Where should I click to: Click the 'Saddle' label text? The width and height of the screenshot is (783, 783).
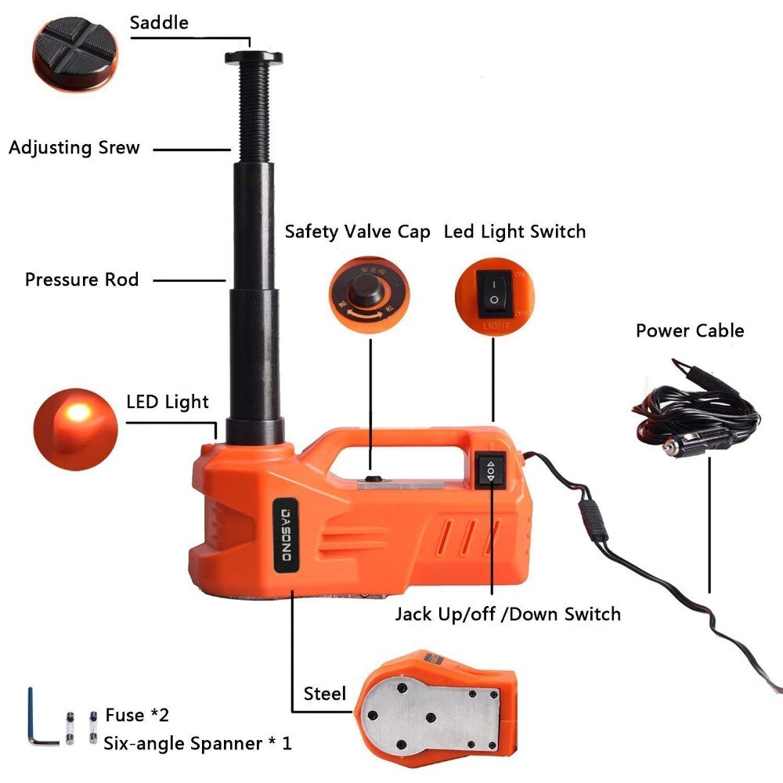(x=159, y=23)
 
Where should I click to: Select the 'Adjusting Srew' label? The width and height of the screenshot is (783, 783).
(x=74, y=147)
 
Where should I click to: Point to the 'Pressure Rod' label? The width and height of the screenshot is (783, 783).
(x=81, y=280)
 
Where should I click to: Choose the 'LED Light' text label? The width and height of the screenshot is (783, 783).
(x=168, y=402)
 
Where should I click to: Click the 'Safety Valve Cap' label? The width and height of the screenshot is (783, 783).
(x=357, y=232)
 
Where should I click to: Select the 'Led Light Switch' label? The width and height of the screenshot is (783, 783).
(x=514, y=232)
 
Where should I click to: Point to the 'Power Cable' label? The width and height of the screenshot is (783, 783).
(x=690, y=330)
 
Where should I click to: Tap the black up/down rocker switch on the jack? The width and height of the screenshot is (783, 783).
(x=491, y=471)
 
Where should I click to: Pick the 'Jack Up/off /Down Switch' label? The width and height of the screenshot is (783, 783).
(x=507, y=614)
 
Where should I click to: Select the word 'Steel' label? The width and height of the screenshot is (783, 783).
(x=324, y=694)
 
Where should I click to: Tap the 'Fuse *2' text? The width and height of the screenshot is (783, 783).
(x=136, y=715)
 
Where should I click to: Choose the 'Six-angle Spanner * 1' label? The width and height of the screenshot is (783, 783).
(x=197, y=743)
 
